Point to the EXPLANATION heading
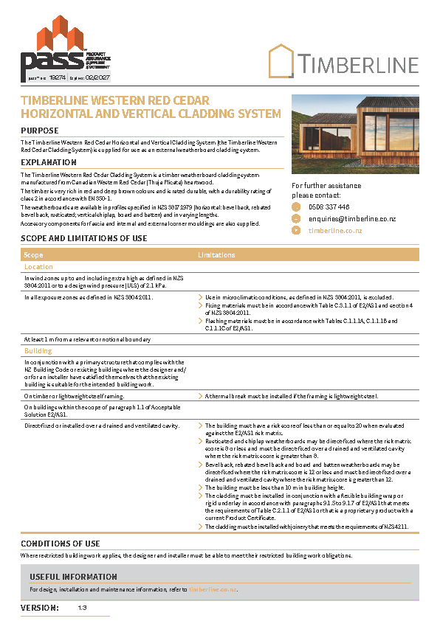click(49, 162)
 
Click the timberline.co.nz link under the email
click(334, 230)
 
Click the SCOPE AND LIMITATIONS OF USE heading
click(83, 238)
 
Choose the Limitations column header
click(216, 254)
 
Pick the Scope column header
click(33, 254)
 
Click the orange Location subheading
click(38, 267)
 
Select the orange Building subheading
click(38, 351)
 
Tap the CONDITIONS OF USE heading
click(60, 544)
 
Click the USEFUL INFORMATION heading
click(73, 577)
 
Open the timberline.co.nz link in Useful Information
click(213, 590)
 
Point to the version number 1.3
click(82, 608)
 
